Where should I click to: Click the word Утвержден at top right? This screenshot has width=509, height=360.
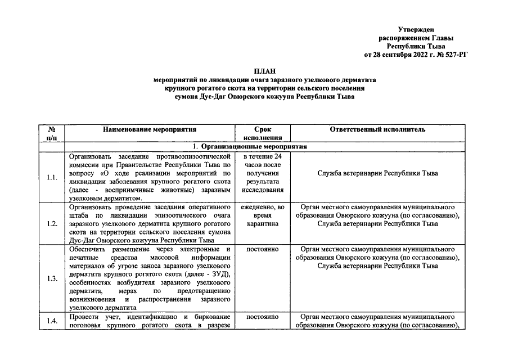(415, 29)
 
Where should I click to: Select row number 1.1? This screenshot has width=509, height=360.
(52, 178)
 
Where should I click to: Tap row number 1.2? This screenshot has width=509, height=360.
(52, 224)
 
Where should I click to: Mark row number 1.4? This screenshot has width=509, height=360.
(52, 321)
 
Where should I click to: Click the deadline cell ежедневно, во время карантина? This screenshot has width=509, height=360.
(263, 215)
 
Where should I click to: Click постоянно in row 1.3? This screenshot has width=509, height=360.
(263, 248)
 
